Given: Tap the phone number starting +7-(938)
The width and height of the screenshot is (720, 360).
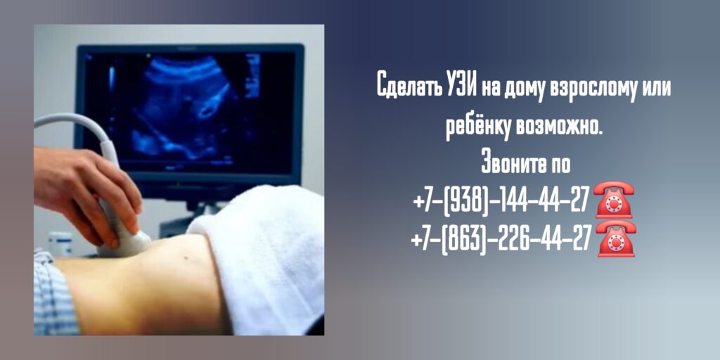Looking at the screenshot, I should click(x=501, y=201).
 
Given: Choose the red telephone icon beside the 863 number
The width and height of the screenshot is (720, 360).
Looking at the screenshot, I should click(x=616, y=238).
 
